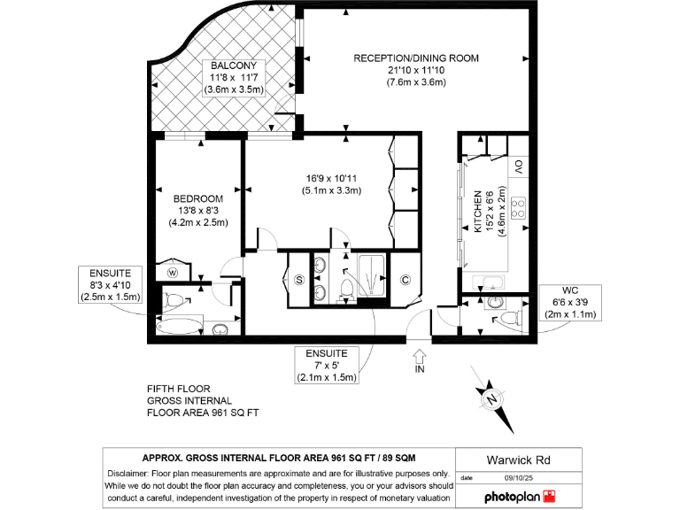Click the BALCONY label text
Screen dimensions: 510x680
tap(234, 66)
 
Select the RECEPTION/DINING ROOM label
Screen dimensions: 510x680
tap(416, 58)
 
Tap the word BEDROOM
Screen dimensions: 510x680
tap(198, 198)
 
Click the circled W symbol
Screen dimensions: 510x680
tap(173, 272)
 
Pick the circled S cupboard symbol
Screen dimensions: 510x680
tap(298, 281)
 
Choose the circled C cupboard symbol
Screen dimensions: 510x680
tap(405, 281)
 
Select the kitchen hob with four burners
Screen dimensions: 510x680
tap(519, 208)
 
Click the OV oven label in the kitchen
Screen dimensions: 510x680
tap(520, 166)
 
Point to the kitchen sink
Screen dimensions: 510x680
tap(488, 282)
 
